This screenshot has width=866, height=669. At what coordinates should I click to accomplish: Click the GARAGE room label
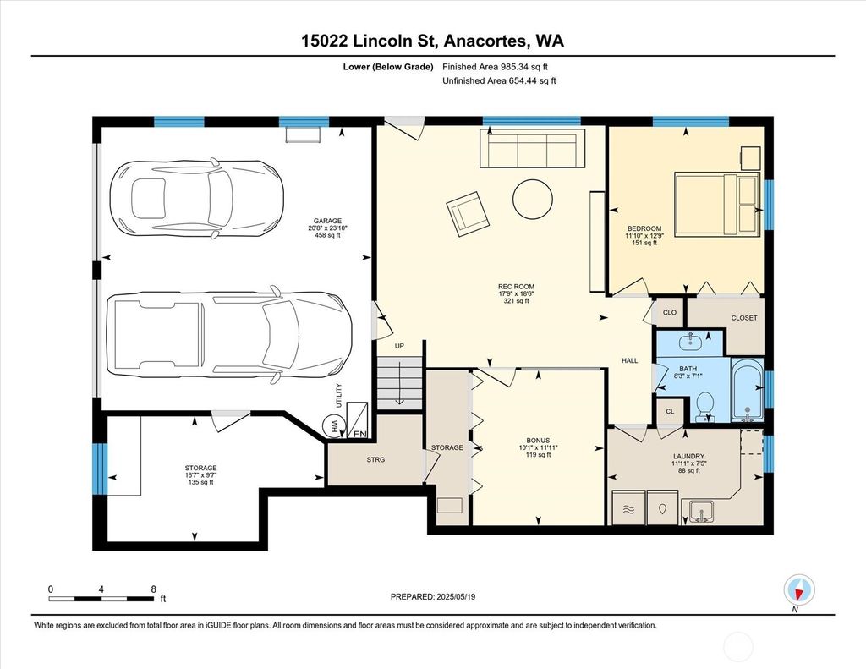click(328, 221)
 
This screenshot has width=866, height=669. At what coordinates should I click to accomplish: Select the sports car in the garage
click(196, 197)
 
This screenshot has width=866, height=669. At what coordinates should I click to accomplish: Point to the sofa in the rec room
click(532, 147)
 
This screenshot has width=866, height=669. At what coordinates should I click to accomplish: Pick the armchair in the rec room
click(467, 214)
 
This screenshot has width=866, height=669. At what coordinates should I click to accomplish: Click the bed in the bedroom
click(717, 205)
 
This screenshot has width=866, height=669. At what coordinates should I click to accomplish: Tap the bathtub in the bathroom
click(748, 390)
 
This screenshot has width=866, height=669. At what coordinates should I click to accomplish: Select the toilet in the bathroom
click(704, 407)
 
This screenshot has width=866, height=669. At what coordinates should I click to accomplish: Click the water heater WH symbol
click(333, 425)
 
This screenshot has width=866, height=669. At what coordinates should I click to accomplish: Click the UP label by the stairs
click(399, 346)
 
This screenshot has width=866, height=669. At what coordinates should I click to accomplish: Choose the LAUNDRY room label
click(688, 457)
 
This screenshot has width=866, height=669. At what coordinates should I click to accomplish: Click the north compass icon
click(799, 589)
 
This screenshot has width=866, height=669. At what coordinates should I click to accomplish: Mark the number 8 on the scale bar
click(154, 589)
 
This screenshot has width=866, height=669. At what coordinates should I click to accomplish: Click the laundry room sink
click(701, 512)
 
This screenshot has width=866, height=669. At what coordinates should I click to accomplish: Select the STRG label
click(375, 459)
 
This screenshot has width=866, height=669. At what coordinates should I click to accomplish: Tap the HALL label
click(629, 361)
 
